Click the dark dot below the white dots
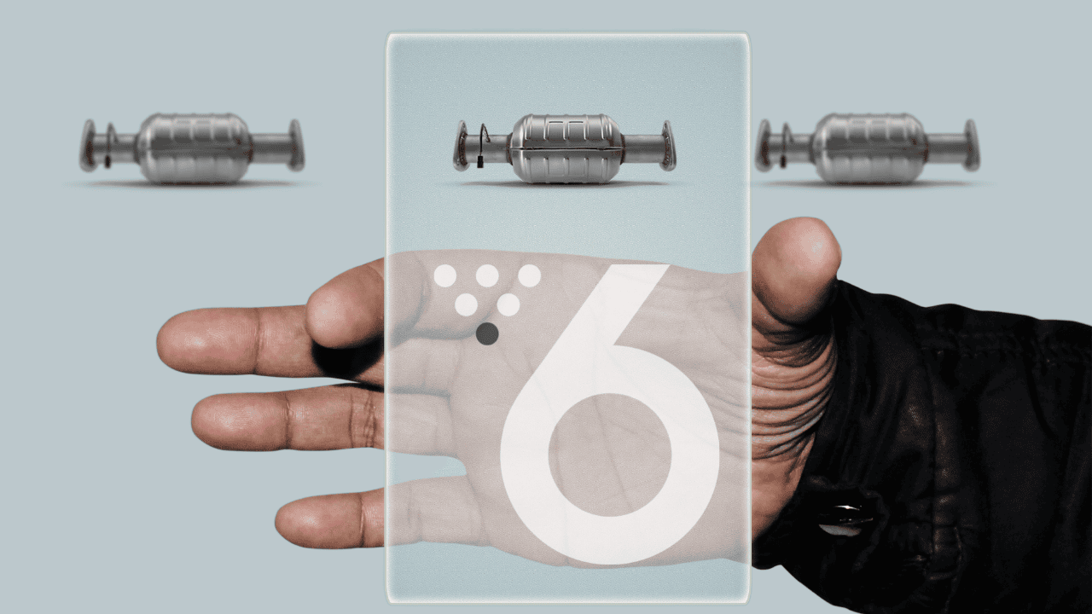[487, 333]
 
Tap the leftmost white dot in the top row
[445, 275]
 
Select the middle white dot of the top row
[487, 275]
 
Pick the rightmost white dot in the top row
[529, 275]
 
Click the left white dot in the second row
[466, 304]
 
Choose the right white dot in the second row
[508, 304]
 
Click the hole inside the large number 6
[610, 455]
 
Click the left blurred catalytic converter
[192, 148]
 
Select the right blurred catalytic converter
[868, 148]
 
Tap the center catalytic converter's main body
[566, 148]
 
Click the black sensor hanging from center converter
[479, 162]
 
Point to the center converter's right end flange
[668, 146]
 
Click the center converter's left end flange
[460, 146]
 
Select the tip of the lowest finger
[282, 524]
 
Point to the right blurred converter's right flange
[972, 146]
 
